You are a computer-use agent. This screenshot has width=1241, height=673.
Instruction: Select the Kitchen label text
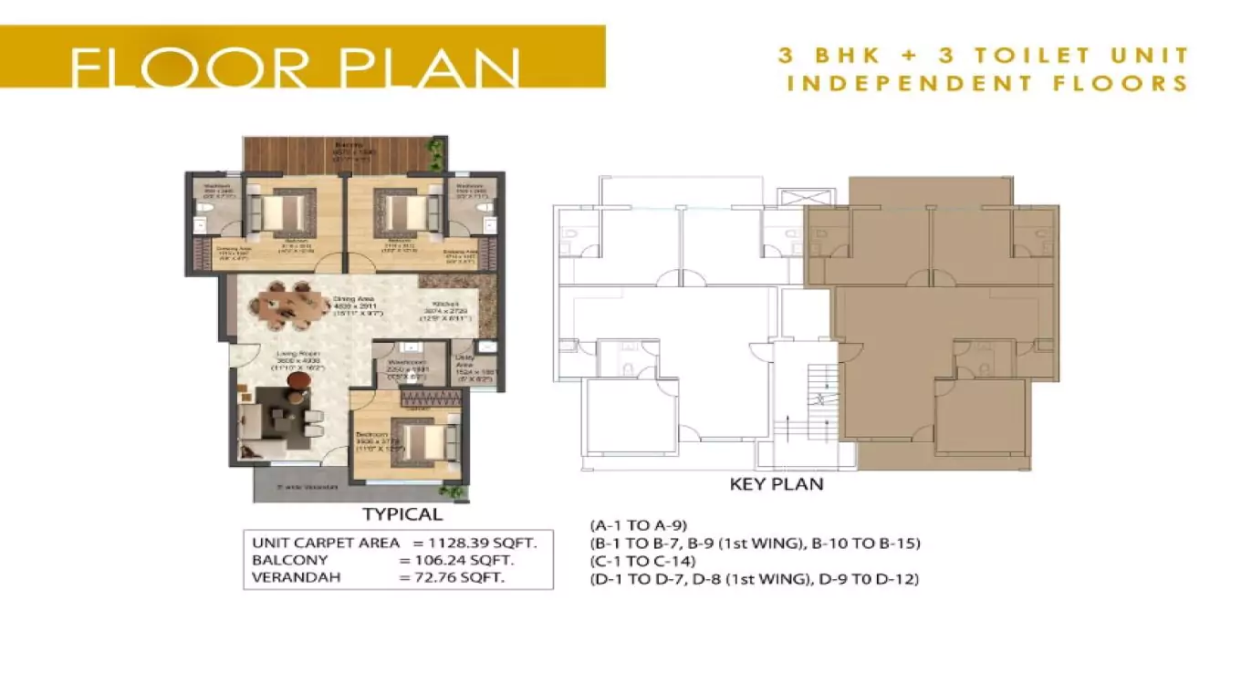click(x=445, y=307)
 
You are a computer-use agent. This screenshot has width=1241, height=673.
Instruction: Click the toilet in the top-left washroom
click(x=204, y=217)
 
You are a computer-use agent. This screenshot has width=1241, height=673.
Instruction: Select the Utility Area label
click(x=464, y=364)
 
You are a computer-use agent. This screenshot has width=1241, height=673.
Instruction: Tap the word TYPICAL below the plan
click(x=402, y=514)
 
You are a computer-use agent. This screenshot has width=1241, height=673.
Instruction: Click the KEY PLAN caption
click(x=777, y=484)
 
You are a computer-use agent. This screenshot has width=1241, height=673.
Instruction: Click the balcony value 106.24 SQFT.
click(x=464, y=560)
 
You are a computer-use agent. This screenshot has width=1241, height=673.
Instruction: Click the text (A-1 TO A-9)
click(x=639, y=525)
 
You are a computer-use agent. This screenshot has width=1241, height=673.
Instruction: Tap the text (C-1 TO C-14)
click(x=643, y=561)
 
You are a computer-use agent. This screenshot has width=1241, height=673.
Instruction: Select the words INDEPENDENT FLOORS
click(x=987, y=84)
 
